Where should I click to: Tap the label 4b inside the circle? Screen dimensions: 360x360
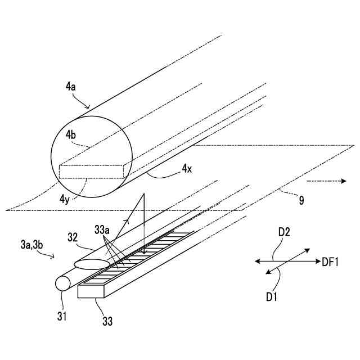point(71,135)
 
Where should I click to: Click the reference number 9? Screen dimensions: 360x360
point(301,199)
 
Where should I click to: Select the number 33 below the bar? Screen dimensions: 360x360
point(107,321)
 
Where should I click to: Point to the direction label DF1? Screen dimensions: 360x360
point(330,261)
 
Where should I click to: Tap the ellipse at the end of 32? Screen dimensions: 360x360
point(92,263)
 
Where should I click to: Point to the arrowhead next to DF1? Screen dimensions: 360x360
point(318,261)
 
